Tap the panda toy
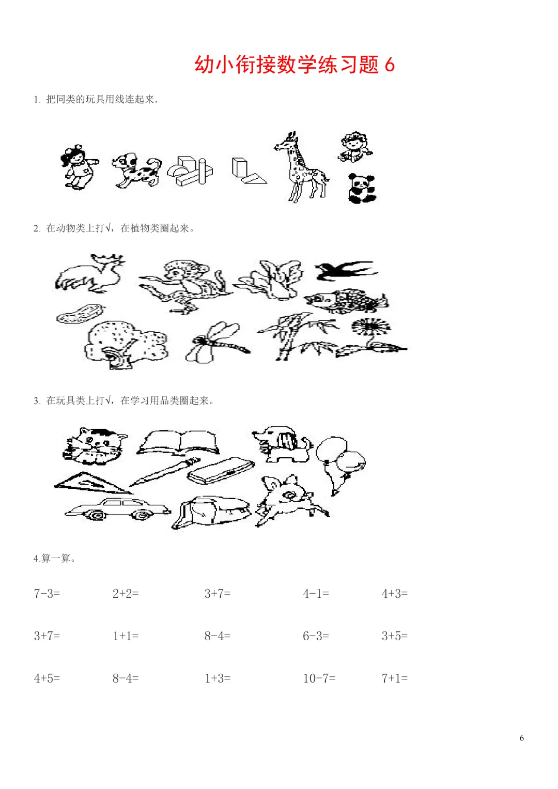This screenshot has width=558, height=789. [362, 189]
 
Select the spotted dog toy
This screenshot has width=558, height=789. [137, 170]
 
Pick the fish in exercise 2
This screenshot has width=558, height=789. [347, 300]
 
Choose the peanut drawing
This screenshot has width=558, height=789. [81, 314]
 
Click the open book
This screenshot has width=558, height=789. [178, 442]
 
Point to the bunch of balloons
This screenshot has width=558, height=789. [340, 465]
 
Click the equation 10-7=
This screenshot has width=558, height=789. [319, 678]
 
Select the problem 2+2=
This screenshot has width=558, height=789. [126, 594]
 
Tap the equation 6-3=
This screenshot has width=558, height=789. [316, 636]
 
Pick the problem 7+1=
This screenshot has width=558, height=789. [395, 678]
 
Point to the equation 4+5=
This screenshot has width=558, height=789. [47, 678]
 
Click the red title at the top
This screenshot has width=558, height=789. [295, 65]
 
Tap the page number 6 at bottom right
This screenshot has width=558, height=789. [522, 738]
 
